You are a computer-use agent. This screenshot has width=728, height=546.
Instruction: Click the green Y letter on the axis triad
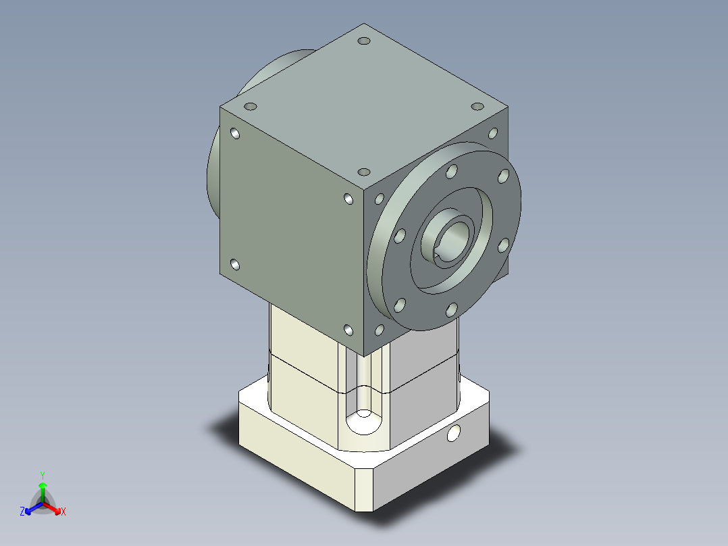coord(43,475)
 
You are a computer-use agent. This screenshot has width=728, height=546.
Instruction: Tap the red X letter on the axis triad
coord(63,512)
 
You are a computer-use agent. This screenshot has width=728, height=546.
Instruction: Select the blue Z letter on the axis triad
coord(22,511)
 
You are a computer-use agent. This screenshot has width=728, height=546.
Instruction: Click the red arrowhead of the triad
coord(57,511)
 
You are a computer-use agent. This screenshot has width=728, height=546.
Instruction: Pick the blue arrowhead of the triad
coord(28,511)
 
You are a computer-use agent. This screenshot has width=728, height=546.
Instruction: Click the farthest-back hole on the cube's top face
coord(364,41)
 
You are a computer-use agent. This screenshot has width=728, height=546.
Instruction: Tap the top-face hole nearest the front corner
coord(364,172)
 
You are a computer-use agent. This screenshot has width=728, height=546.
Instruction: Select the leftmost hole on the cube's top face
coord(251,106)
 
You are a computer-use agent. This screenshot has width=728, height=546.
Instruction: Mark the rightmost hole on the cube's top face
coord(477,106)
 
